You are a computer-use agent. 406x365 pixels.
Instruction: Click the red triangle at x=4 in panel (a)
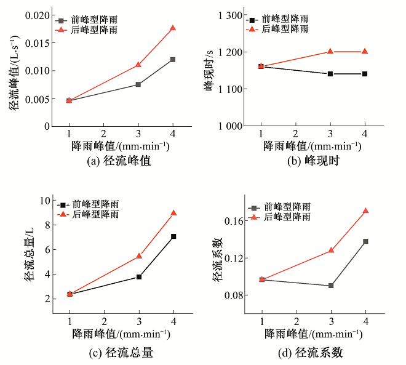tap(173, 28)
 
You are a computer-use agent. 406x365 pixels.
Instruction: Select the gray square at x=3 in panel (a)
tap(138, 84)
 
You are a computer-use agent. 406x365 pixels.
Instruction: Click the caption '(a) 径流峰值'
tap(120, 161)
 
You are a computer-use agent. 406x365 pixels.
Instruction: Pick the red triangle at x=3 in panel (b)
tap(330, 52)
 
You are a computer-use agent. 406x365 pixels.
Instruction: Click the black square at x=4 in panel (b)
tap(365, 74)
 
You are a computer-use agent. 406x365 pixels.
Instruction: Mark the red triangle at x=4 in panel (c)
tap(173, 213)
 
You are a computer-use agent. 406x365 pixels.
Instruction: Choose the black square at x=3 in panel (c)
tap(139, 277)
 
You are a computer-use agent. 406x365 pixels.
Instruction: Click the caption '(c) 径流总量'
tap(121, 353)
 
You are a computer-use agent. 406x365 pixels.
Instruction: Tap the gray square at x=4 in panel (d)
tap(365, 241)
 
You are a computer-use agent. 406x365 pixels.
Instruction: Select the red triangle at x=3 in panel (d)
tap(331, 251)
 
